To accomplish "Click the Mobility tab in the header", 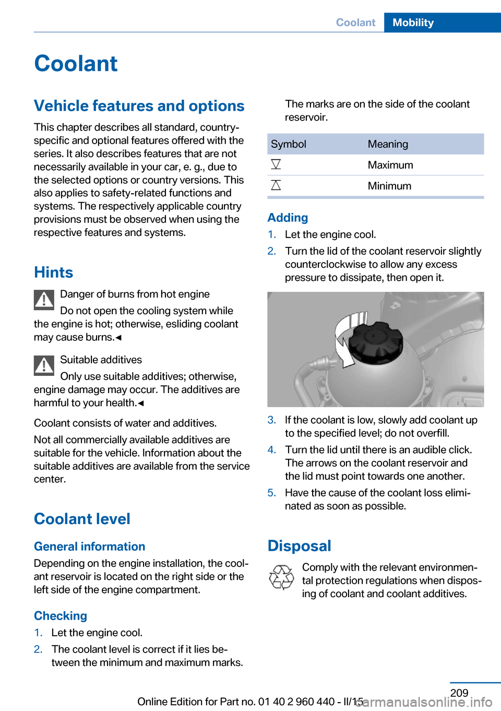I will click(x=413, y=22).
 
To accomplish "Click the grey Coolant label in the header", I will click(x=355, y=22).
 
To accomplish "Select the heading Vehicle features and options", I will click(x=139, y=105).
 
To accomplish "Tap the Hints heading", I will click(x=53, y=272).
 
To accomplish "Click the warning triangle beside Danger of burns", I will click(x=44, y=300).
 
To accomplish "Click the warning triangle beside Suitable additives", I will click(x=44, y=365).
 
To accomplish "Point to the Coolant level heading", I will click(x=82, y=518).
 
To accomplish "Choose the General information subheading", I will click(x=89, y=546).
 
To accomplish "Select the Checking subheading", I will click(x=61, y=615).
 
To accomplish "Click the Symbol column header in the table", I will click(x=289, y=144).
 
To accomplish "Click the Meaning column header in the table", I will click(x=388, y=144).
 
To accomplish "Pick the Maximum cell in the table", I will click(x=390, y=165).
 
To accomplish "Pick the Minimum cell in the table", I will click(x=389, y=186).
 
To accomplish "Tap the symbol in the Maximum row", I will click(x=276, y=164).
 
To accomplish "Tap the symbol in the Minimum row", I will click(x=276, y=185).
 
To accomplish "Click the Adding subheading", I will click(x=288, y=217).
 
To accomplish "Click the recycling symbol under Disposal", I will click(x=281, y=577).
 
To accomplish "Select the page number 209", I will click(x=459, y=693).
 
